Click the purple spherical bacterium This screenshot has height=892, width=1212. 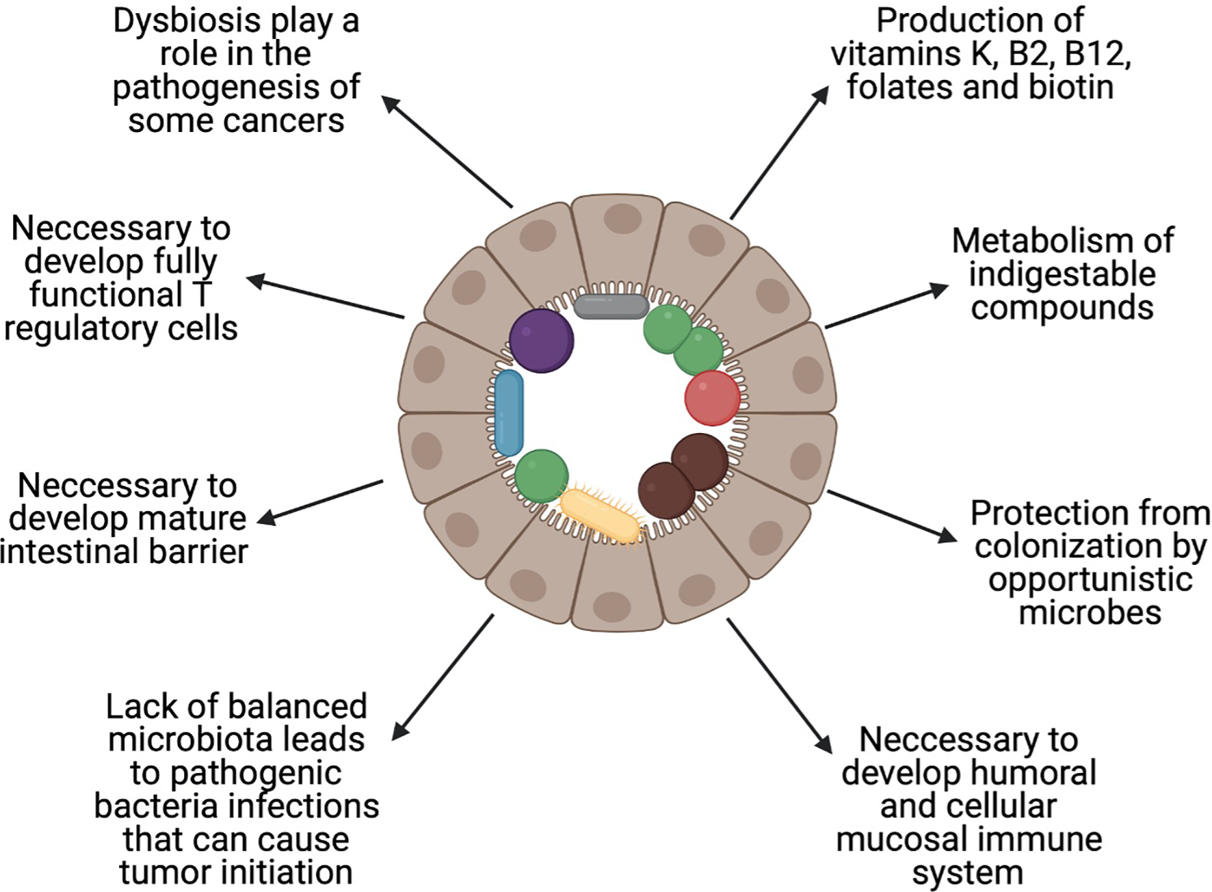[541, 341]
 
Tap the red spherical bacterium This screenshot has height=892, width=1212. [712, 398]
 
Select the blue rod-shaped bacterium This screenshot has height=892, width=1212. [509, 413]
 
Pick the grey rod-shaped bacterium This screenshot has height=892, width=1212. [610, 306]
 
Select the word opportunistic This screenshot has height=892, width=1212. [1090, 579]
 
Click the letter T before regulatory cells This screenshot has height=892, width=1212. [201, 295]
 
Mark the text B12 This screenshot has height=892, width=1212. [1094, 54]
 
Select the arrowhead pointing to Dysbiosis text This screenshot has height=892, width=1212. [390, 103]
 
